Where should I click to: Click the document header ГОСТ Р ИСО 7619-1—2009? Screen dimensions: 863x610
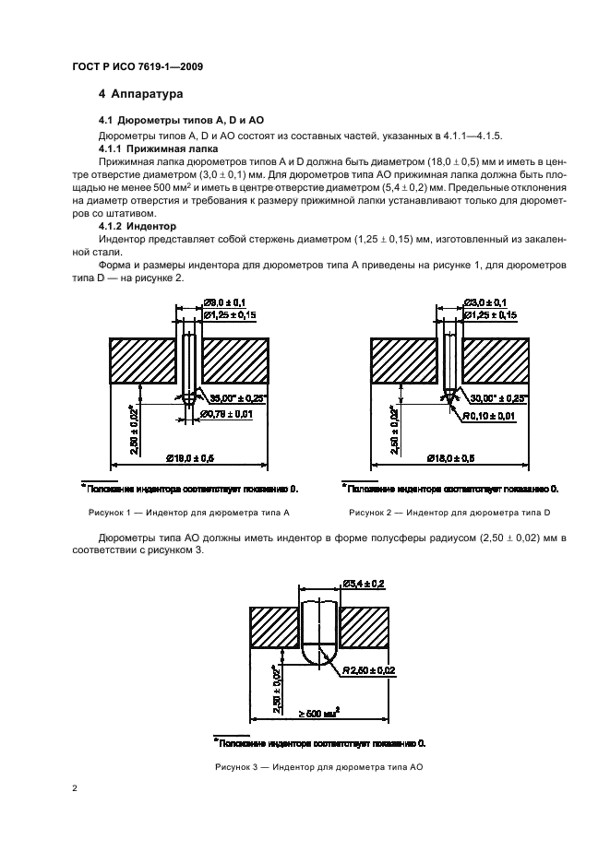pyautogui.click(x=138, y=67)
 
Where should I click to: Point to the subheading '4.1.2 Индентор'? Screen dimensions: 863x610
pyautogui.click(x=143, y=225)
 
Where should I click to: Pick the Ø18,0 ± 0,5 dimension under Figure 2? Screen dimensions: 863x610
pyautogui.click(x=452, y=457)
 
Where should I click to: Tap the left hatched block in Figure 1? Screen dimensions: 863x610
pyautogui.click(x=143, y=359)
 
